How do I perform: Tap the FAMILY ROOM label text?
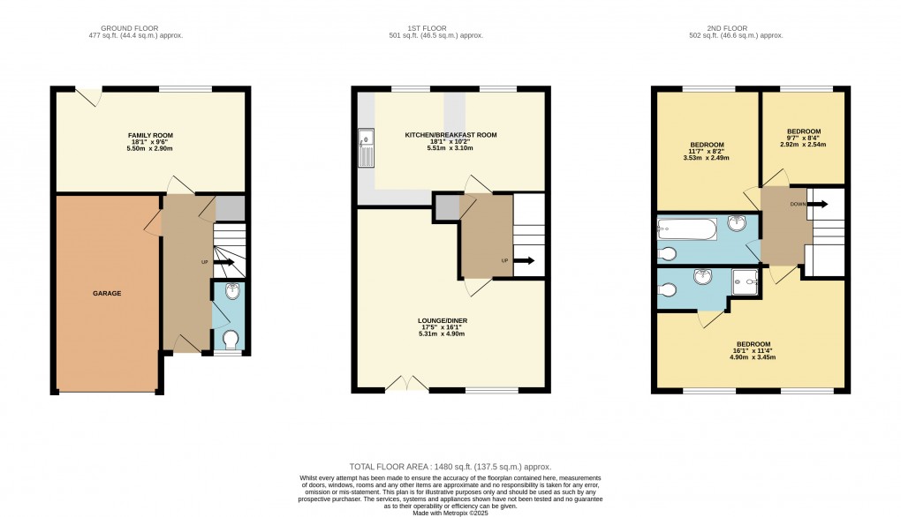tap(150, 135)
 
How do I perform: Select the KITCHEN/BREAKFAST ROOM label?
tap(450, 135)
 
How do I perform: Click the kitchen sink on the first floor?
tap(366, 148)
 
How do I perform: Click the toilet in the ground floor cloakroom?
tap(231, 339)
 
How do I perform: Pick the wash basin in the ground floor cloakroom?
tap(231, 293)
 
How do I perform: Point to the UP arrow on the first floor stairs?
tap(525, 260)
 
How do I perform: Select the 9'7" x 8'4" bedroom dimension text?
tap(804, 138)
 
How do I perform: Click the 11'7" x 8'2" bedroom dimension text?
tap(707, 152)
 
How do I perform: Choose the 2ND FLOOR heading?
tap(736, 28)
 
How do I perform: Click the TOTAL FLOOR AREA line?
tap(450, 467)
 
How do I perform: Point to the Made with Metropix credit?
tap(450, 510)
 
